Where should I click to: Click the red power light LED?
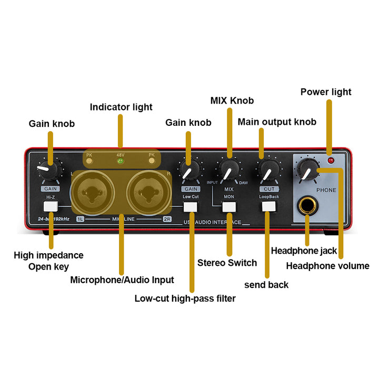click(331, 159)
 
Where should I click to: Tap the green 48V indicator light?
click(120, 161)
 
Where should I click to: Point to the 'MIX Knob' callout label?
click(232, 100)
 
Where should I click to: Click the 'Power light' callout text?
click(326, 92)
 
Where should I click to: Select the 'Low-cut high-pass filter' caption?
click(185, 298)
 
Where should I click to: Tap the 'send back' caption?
click(266, 284)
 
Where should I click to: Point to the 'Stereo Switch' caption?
click(227, 263)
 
